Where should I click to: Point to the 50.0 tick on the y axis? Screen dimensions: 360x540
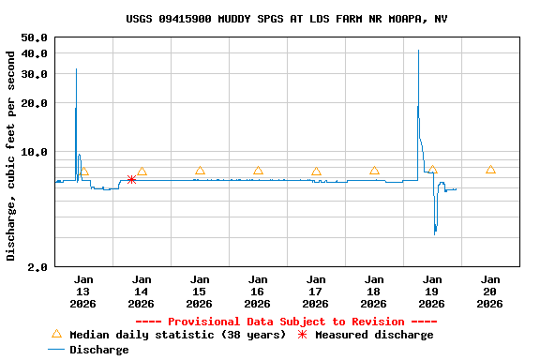35,37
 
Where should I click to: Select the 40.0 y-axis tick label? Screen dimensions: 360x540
35,53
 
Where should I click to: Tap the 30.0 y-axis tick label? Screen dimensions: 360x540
35,74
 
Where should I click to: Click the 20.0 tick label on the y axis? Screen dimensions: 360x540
35,103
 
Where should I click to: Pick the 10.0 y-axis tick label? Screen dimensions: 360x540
35,152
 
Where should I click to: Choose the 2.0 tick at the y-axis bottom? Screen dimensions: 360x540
38,267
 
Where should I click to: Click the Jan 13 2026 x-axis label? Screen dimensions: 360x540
83,291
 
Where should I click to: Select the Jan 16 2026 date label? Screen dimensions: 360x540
258,291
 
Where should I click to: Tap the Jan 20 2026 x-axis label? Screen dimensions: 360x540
490,291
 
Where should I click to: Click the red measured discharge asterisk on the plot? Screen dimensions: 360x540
131,179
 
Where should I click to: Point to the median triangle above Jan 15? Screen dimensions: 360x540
200,171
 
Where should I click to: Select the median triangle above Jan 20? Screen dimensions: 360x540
490,170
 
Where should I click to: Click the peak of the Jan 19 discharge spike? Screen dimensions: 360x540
418,51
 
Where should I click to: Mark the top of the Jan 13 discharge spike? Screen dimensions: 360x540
76,69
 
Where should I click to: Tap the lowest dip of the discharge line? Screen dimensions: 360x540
435,232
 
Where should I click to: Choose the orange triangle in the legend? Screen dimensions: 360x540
56,335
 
